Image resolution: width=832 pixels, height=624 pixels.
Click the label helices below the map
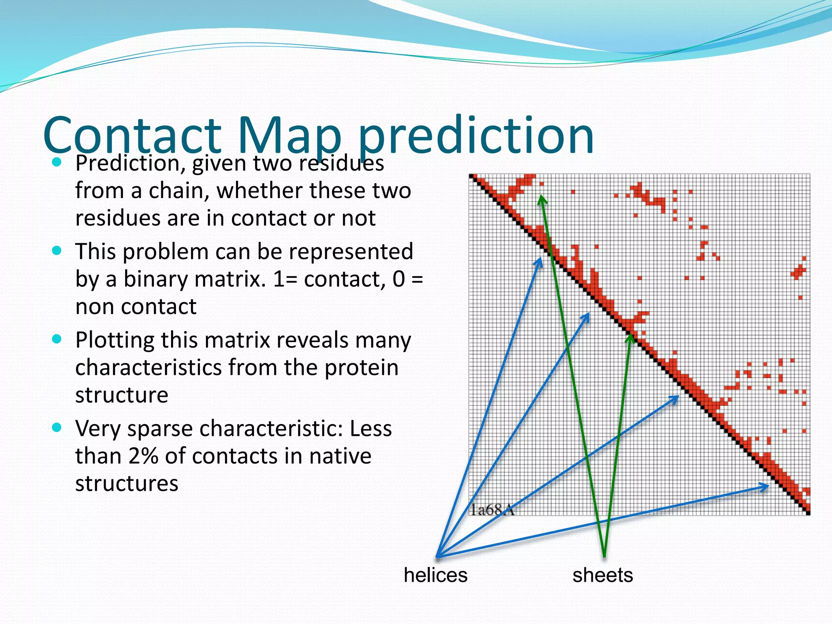[x=435, y=575]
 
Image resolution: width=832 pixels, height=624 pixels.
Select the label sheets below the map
[x=602, y=575]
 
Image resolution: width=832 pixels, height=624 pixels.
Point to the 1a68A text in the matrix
[x=492, y=509]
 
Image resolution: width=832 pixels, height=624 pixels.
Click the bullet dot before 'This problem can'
[x=57, y=251]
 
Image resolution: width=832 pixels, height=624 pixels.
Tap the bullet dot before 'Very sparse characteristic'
[x=57, y=427]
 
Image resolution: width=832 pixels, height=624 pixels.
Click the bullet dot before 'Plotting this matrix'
[x=57, y=339]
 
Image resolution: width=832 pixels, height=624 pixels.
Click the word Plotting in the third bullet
[x=115, y=340]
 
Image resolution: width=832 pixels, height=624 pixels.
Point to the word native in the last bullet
[x=340, y=456]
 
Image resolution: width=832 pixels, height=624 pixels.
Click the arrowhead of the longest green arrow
[x=541, y=198]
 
